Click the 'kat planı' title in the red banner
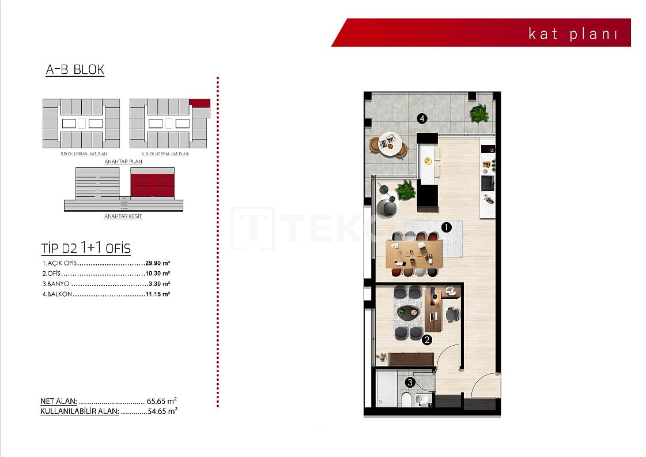[573, 33]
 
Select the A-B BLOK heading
[75, 70]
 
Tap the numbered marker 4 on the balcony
[422, 119]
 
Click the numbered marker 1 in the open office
[445, 227]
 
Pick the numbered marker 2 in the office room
[427, 340]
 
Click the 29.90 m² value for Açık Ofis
[157, 263]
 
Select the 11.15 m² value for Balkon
[157, 294]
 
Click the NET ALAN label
[58, 400]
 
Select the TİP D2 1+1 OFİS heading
[86, 248]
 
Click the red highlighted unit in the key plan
[200, 103]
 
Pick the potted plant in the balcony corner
[479, 113]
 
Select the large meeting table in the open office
[414, 253]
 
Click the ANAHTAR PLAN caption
[123, 162]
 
